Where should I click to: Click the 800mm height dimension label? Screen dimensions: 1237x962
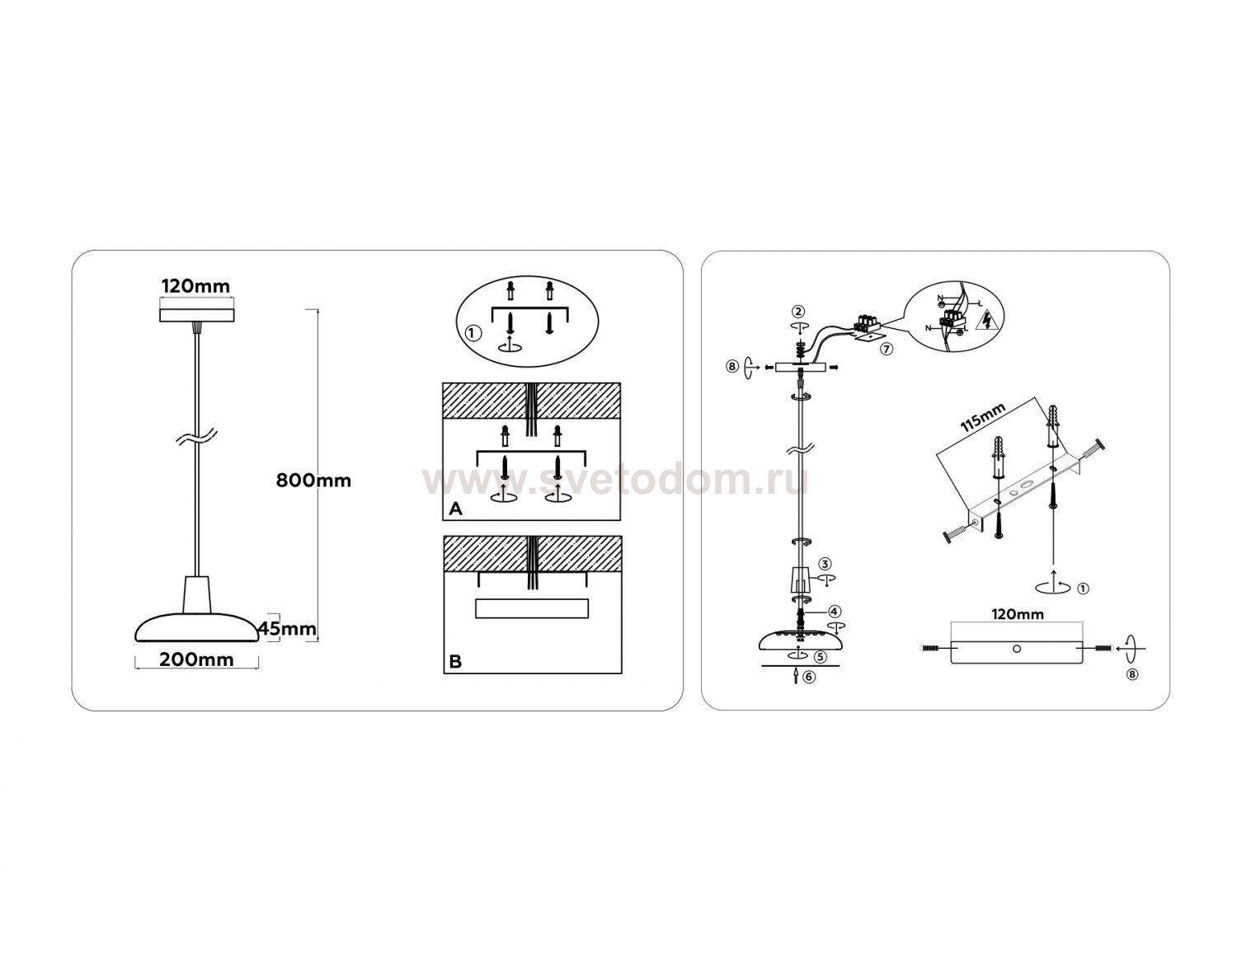pyautogui.click(x=313, y=481)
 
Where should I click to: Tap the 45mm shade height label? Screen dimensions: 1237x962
pyautogui.click(x=287, y=629)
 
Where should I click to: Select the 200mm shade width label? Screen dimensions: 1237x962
pyautogui.click(x=196, y=659)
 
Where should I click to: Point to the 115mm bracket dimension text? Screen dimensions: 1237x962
pyautogui.click(x=982, y=417)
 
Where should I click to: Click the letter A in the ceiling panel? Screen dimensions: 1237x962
pyautogui.click(x=455, y=509)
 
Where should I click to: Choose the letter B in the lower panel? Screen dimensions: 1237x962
pyautogui.click(x=455, y=662)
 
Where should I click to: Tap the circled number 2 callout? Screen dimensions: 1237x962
pyautogui.click(x=798, y=311)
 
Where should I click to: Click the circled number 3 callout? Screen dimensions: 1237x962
pyautogui.click(x=825, y=564)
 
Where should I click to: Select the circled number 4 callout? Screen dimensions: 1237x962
pyautogui.click(x=834, y=612)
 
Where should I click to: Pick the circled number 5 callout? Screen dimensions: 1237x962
pyautogui.click(x=821, y=656)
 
